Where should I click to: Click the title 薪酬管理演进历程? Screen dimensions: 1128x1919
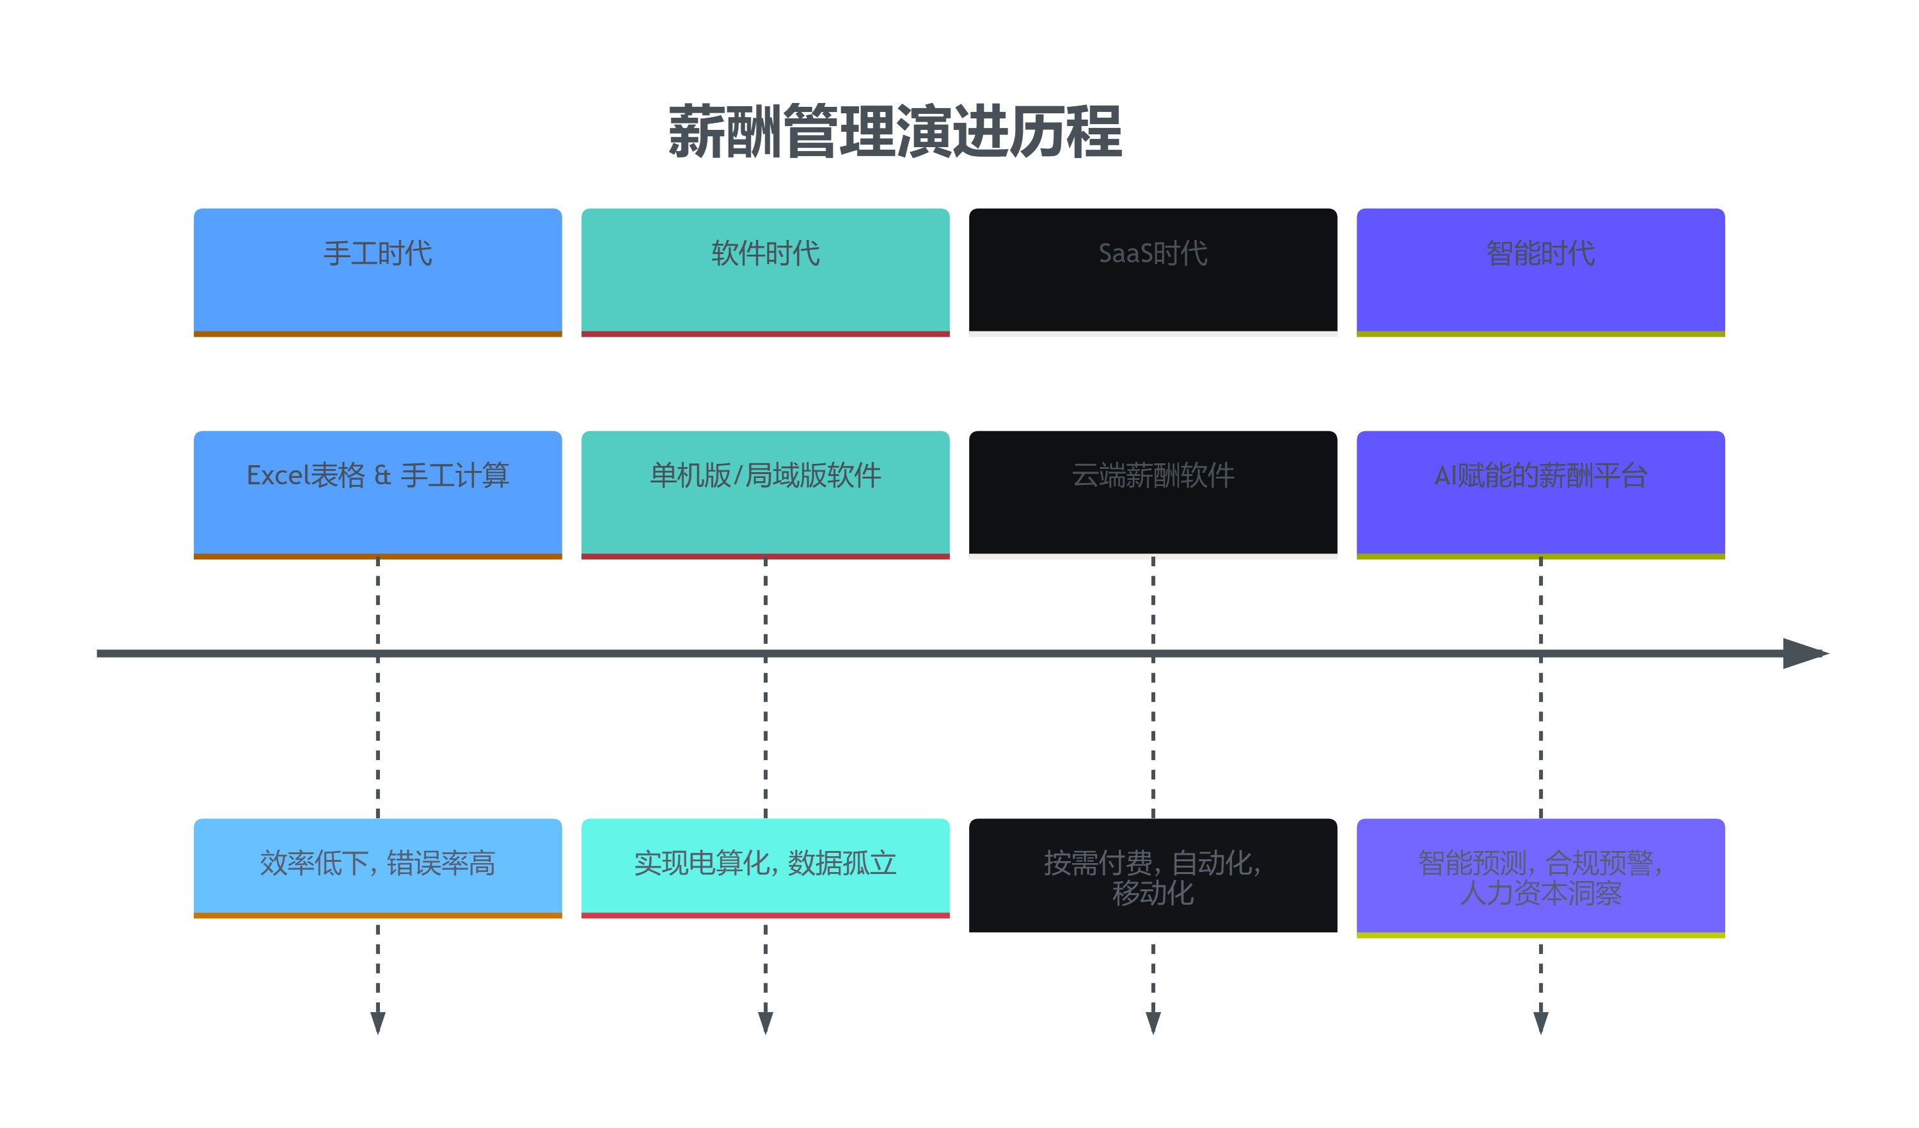tap(895, 132)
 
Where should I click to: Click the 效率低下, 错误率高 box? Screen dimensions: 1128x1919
tap(377, 867)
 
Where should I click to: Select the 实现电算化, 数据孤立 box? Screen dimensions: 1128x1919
tap(765, 867)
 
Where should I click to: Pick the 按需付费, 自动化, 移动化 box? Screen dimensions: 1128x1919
tap(1153, 876)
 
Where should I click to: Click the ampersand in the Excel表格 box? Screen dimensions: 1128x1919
tap(383, 476)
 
